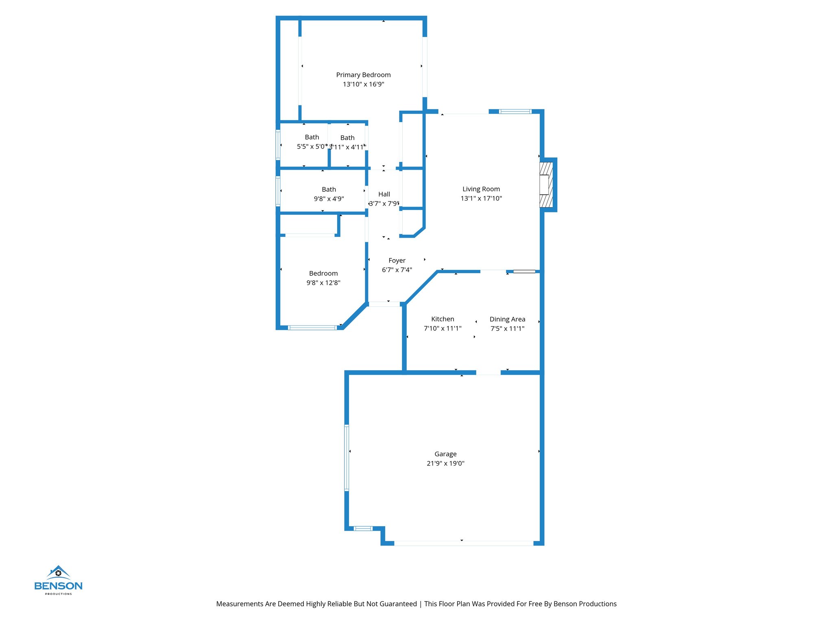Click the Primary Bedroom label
click(363, 75)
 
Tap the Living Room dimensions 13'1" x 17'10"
click(481, 199)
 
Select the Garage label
click(445, 454)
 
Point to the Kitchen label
click(443, 319)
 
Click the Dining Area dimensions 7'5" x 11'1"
click(507, 329)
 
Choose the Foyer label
click(397, 260)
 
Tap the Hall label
click(384, 194)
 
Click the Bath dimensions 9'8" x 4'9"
click(329, 199)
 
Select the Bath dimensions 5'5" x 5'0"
click(311, 146)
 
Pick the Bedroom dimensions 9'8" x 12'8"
click(323, 283)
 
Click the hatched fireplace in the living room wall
click(546, 185)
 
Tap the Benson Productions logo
click(58, 580)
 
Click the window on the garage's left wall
click(347, 457)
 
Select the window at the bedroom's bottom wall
click(312, 328)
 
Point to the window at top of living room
click(515, 111)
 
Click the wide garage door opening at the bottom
click(464, 543)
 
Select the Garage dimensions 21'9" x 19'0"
click(445, 463)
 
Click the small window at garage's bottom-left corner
click(363, 529)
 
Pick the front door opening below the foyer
click(384, 304)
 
